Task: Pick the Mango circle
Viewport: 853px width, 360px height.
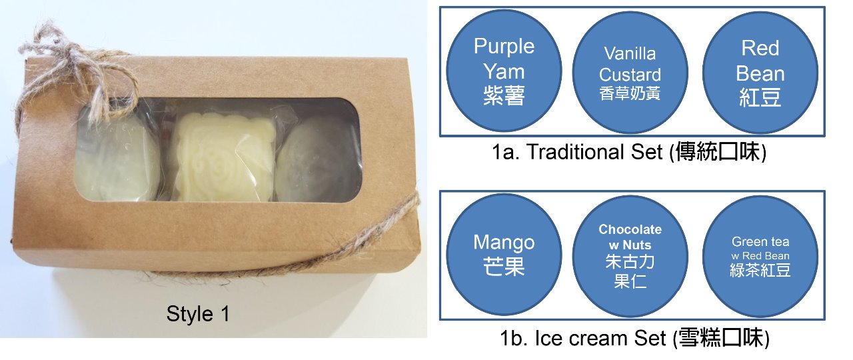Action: [504, 256]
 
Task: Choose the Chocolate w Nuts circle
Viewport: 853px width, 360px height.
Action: [630, 256]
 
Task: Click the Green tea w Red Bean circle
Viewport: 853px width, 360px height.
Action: [760, 256]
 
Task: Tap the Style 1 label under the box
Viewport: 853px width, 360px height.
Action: [198, 313]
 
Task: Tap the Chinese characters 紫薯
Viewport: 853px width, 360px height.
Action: [504, 97]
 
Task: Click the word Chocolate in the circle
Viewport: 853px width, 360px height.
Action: [630, 230]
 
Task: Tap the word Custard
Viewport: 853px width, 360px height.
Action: [630, 74]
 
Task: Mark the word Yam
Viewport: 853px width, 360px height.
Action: [504, 71]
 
